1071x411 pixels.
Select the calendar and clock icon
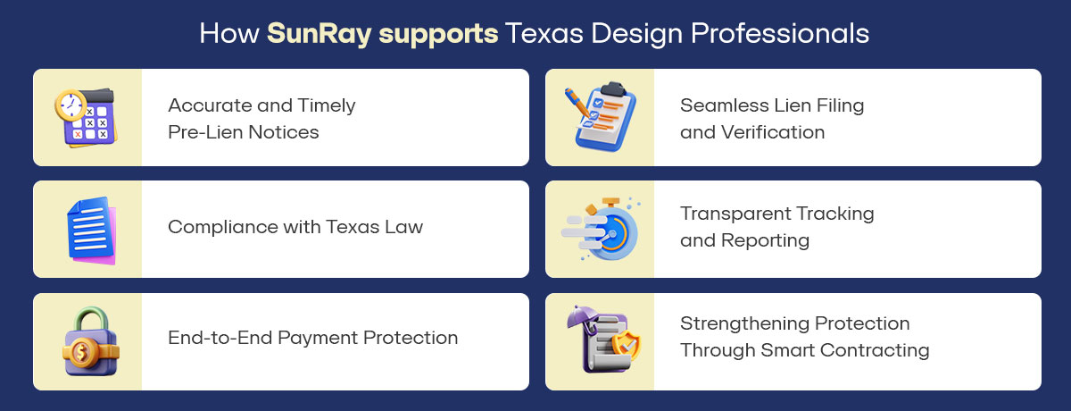click(x=87, y=117)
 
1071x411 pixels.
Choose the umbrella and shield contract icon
click(x=600, y=341)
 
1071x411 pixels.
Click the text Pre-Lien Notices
click(x=243, y=132)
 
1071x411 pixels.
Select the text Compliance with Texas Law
click(x=295, y=227)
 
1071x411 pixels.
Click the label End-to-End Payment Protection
click(x=312, y=338)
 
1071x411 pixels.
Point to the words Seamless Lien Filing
click(x=772, y=105)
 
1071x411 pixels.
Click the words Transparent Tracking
click(x=776, y=214)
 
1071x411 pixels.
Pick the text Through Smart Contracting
click(x=804, y=350)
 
